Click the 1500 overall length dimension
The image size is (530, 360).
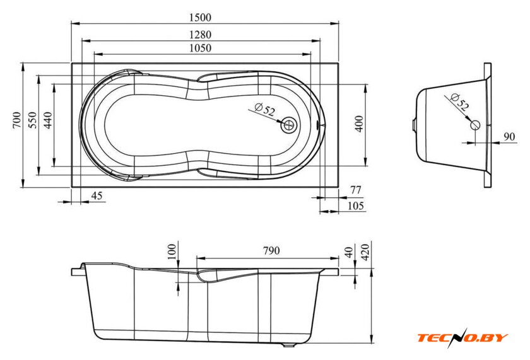(200, 17)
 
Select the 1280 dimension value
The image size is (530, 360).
(200, 35)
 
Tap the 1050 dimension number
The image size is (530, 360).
(200, 48)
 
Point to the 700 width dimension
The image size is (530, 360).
(17, 120)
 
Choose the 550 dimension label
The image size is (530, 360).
(32, 120)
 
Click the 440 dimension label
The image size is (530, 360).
(48, 120)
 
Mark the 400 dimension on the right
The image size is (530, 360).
(359, 124)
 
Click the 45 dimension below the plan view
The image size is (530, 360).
(97, 195)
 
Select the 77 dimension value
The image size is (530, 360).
(356, 190)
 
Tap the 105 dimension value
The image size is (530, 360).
(356, 206)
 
